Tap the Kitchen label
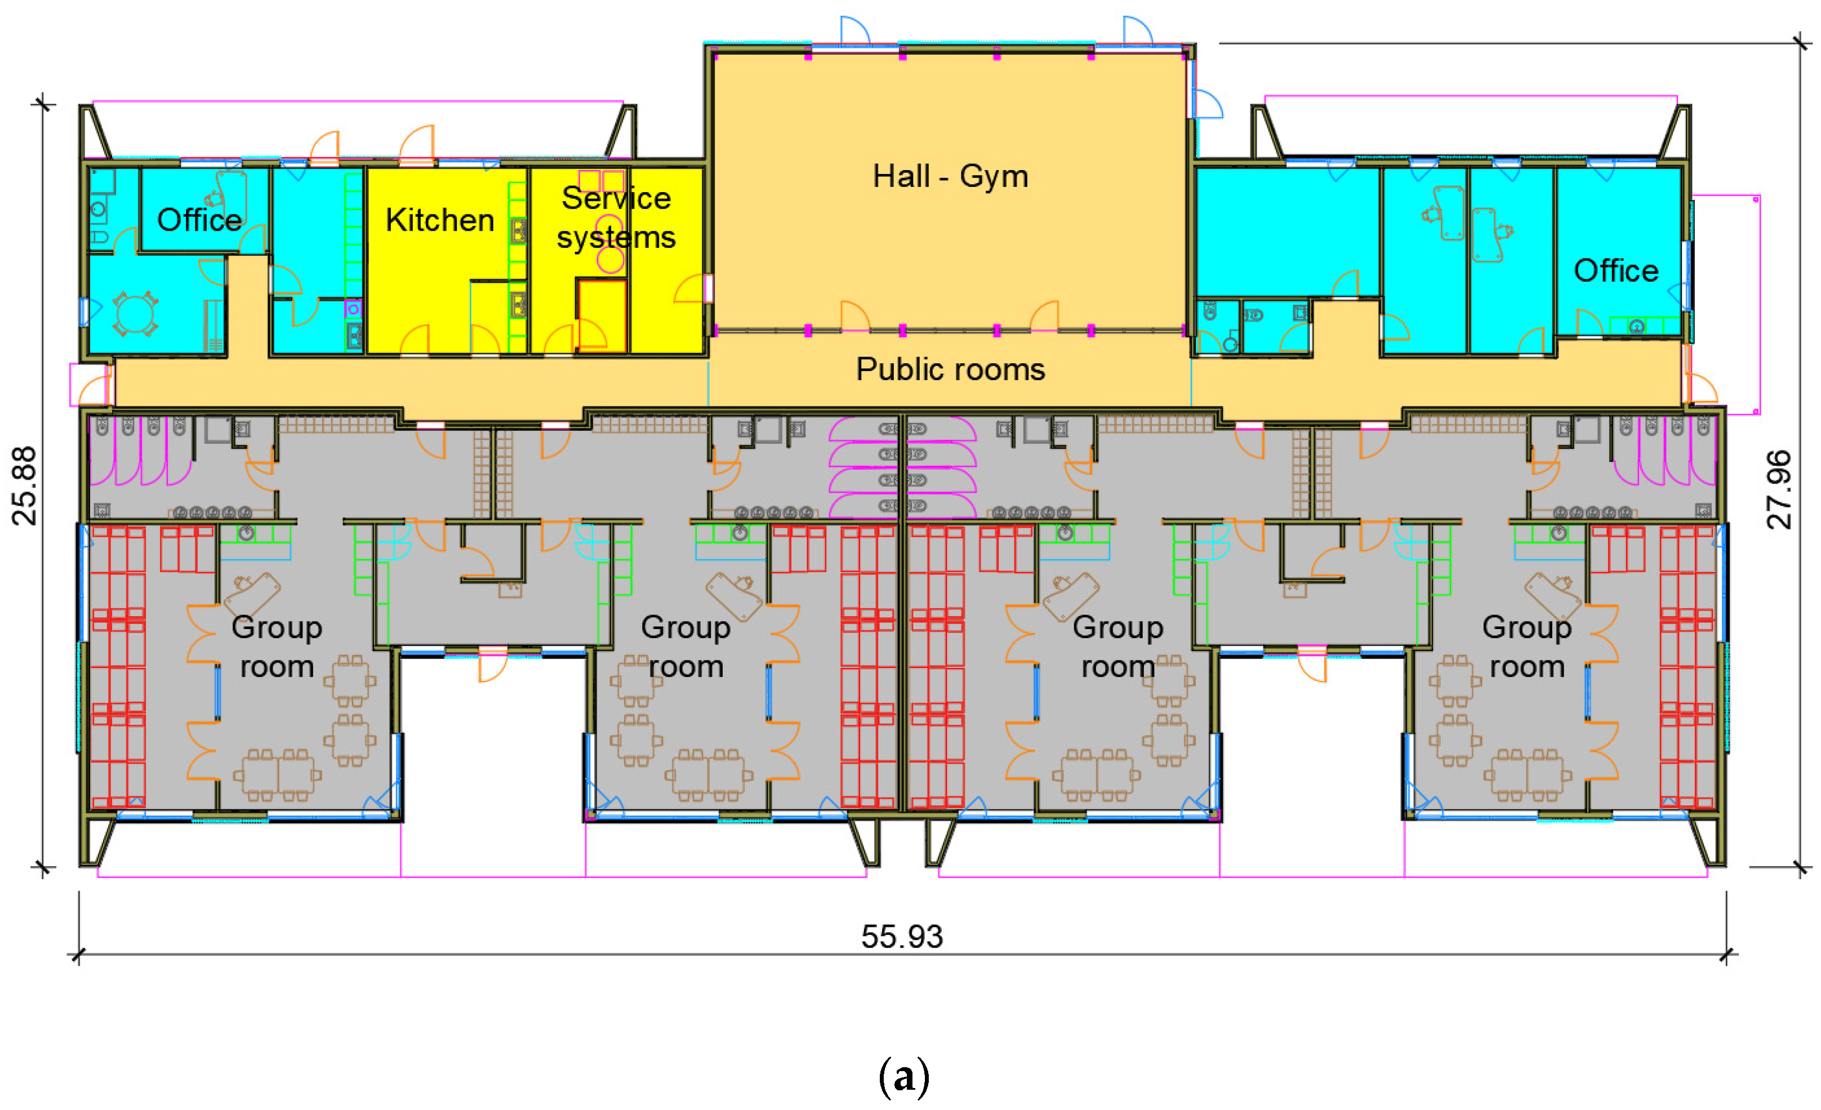click(x=440, y=220)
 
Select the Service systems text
click(x=616, y=218)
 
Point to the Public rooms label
click(x=950, y=369)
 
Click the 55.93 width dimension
click(x=902, y=937)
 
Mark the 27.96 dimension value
click(x=1780, y=489)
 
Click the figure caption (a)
click(x=903, y=1076)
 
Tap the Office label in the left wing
click(x=199, y=220)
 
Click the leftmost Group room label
click(x=277, y=647)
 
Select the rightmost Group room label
click(x=1527, y=647)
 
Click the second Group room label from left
click(x=686, y=647)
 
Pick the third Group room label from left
click(x=1117, y=647)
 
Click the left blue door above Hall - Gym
click(x=854, y=31)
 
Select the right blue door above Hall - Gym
click(x=1137, y=31)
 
